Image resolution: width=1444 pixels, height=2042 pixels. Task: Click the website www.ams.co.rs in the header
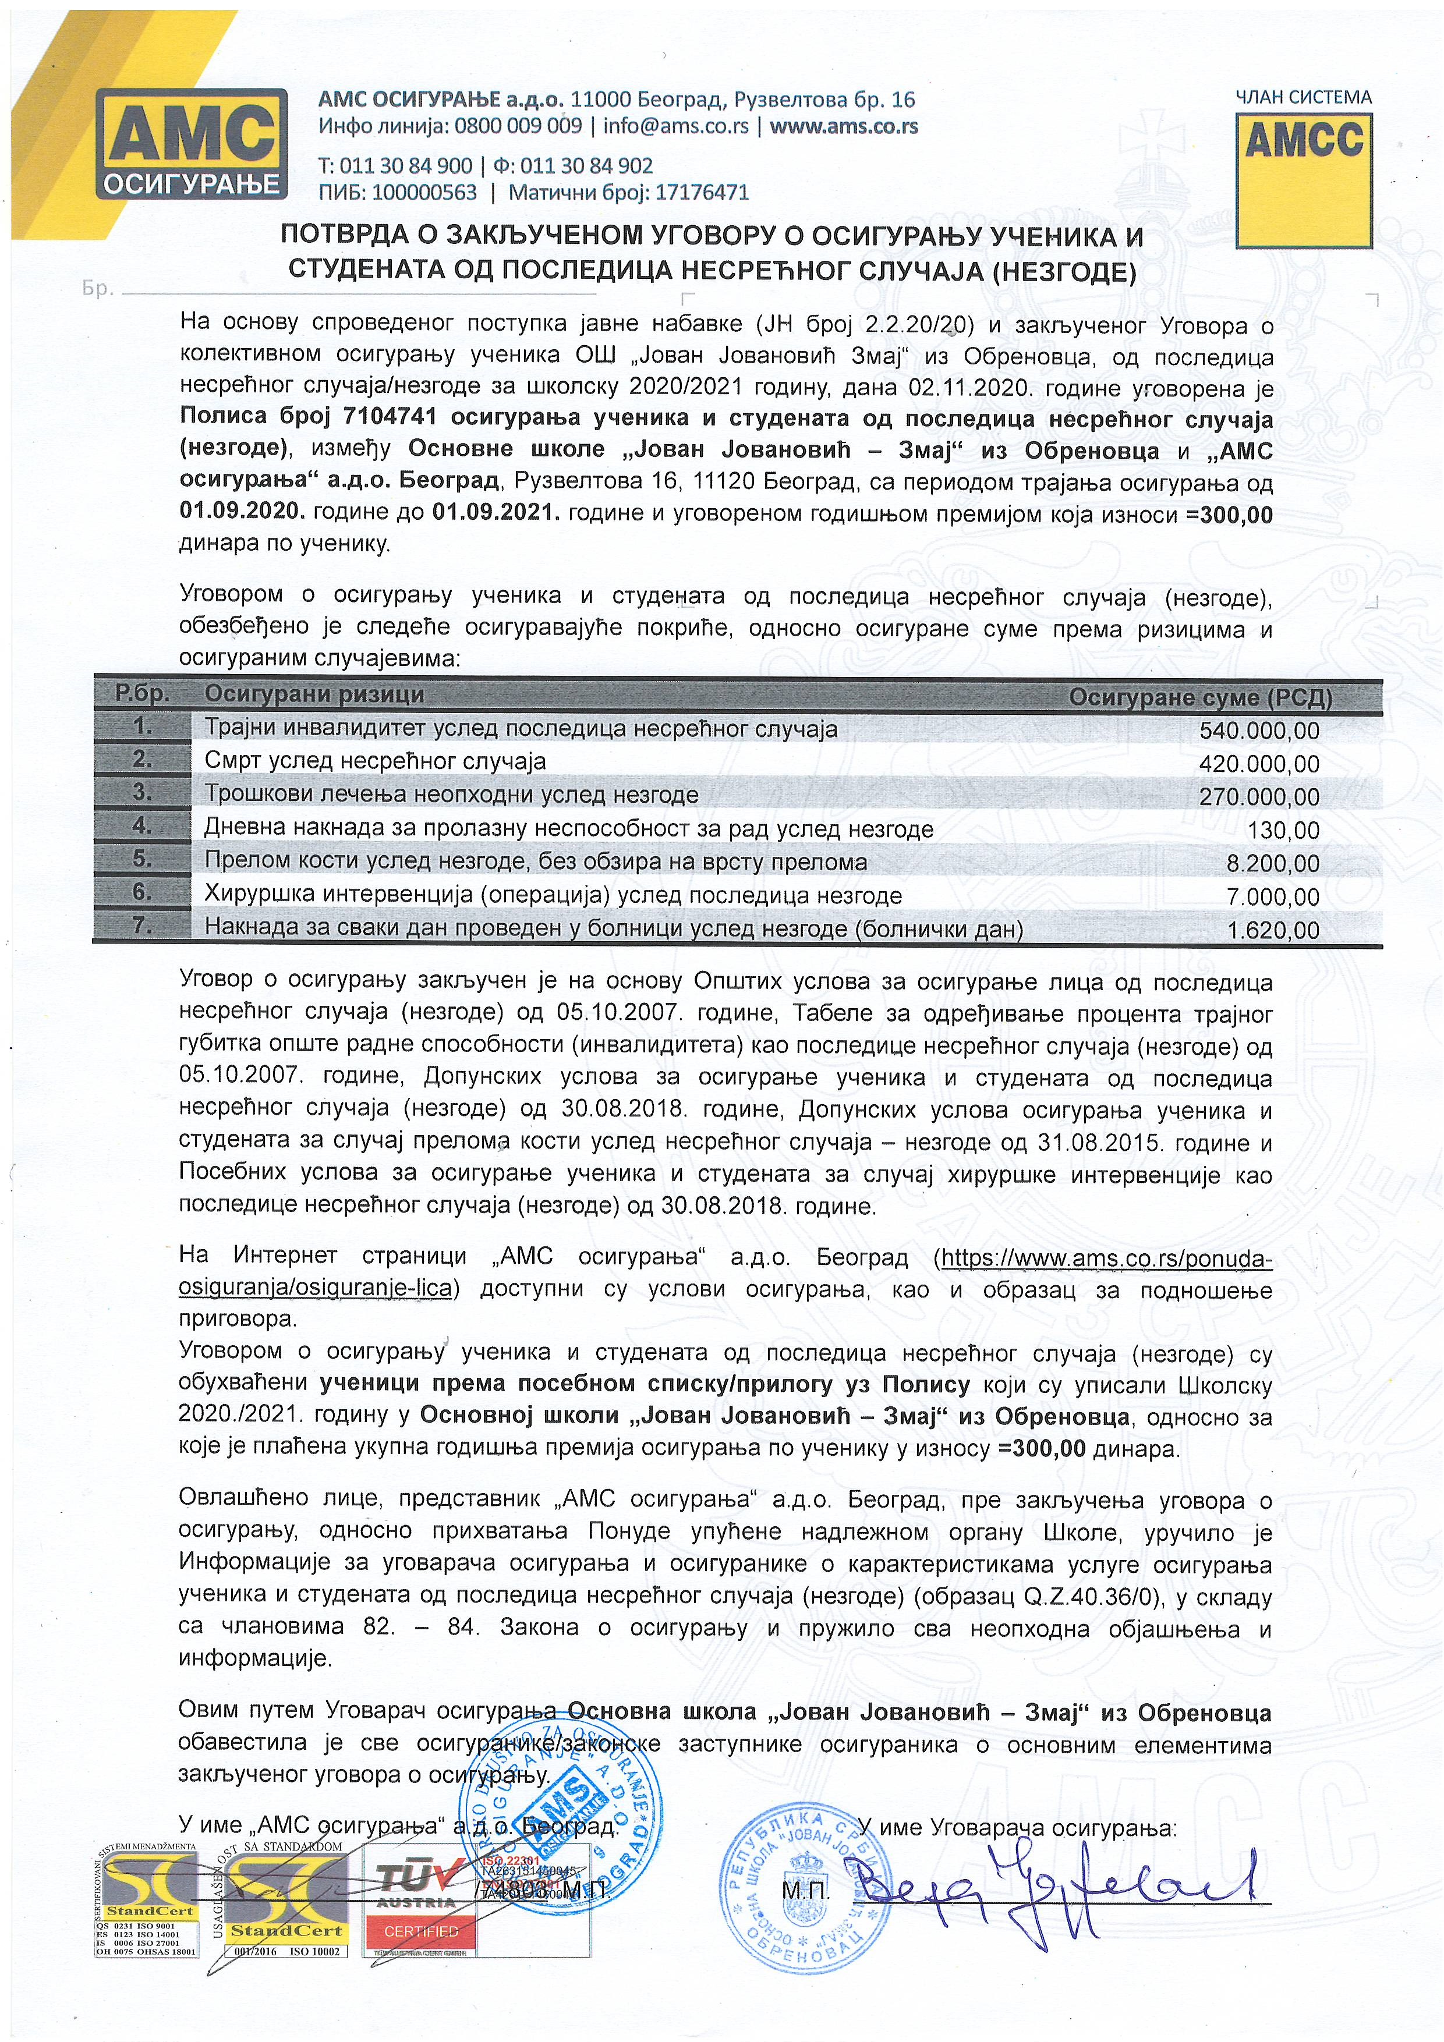coord(844,126)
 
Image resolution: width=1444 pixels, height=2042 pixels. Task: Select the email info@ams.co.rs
coord(675,126)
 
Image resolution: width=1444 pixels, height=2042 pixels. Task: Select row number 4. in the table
coord(142,825)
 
